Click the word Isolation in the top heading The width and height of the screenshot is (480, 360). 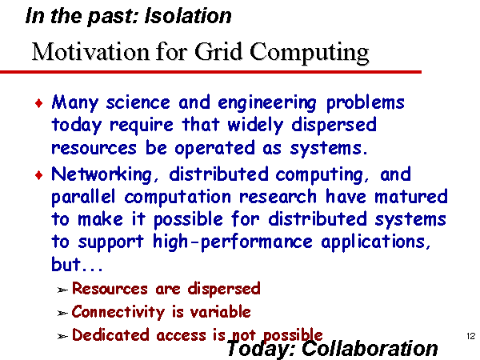(188, 16)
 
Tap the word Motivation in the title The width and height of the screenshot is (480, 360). (90, 52)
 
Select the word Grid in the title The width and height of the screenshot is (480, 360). (218, 51)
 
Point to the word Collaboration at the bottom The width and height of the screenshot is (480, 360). (370, 348)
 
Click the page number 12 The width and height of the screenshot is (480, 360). (471, 336)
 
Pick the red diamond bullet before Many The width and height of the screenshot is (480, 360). (39, 103)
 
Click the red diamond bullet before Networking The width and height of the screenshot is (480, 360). (39, 175)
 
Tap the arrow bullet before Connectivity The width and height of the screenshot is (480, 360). (62, 313)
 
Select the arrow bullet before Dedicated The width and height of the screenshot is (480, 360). (62, 336)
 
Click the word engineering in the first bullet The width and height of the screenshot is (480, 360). (267, 103)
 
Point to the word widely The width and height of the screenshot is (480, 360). (256, 126)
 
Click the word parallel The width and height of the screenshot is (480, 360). (83, 198)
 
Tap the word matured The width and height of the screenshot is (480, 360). (411, 197)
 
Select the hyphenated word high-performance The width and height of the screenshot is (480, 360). (233, 242)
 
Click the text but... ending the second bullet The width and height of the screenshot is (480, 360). (77, 264)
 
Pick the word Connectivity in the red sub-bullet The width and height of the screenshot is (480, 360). (118, 312)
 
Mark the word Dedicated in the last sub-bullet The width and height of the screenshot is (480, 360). (110, 334)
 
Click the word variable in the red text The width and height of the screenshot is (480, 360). (221, 312)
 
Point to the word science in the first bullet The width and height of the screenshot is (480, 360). (138, 103)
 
